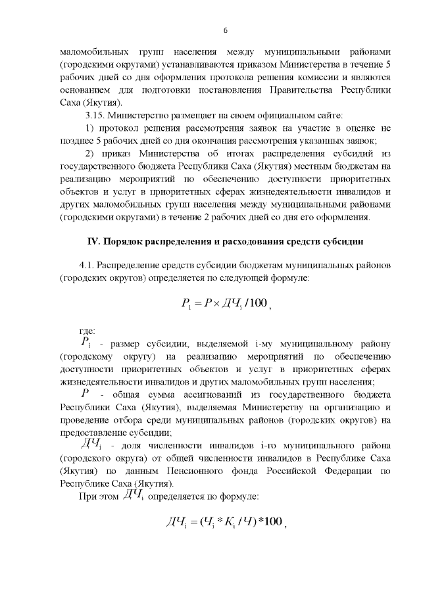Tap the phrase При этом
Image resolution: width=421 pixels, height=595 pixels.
[x=97, y=496]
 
